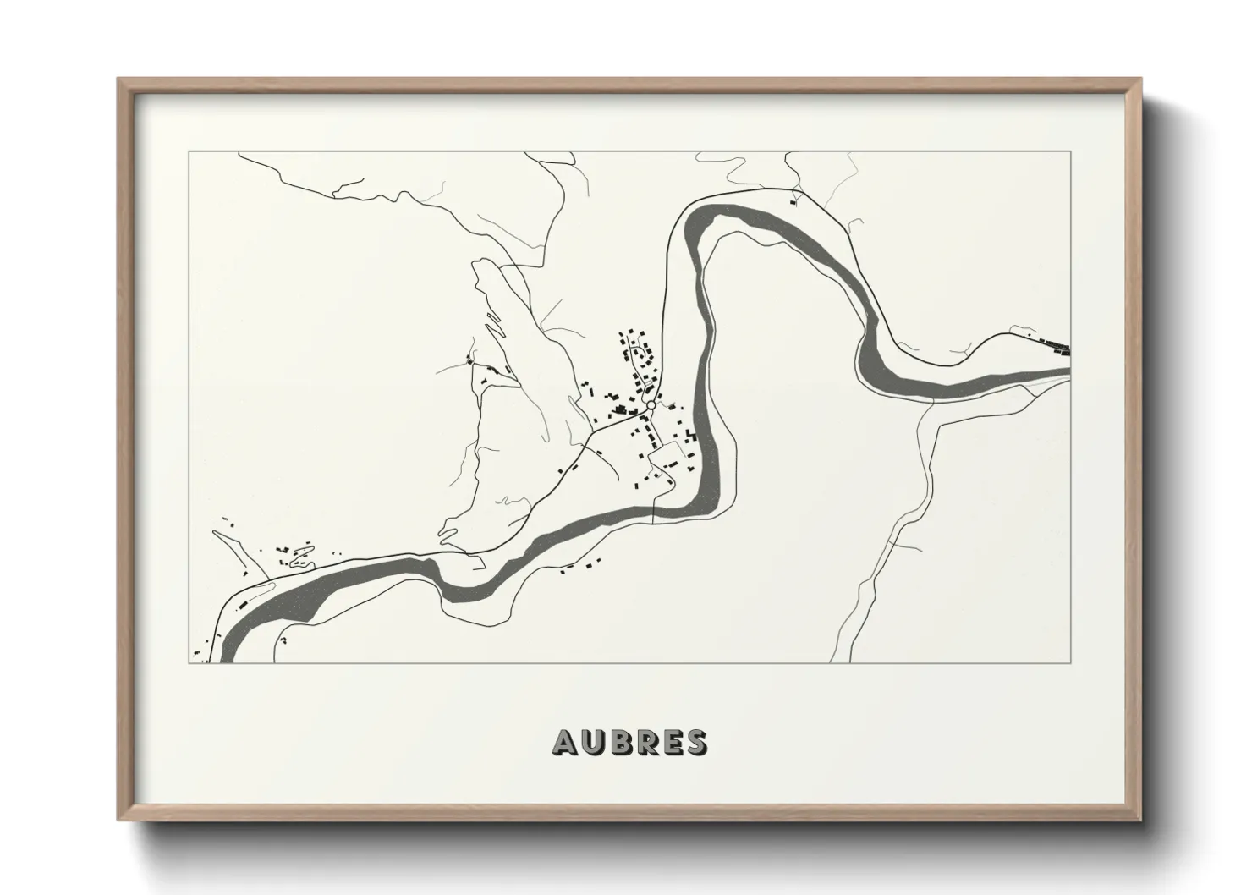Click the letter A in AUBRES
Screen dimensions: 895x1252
[x=566, y=742]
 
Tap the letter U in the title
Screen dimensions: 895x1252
[x=594, y=742]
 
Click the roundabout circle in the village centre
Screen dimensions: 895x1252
[x=651, y=406]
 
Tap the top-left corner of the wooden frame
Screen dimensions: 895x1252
[x=118, y=79]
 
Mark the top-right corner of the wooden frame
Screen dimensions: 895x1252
[x=1141, y=79]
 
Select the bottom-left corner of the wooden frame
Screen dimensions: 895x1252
[x=118, y=821]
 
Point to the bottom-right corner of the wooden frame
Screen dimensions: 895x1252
[x=1141, y=821]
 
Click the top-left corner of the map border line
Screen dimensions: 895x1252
[x=189, y=151]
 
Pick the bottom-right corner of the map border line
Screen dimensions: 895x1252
[x=1072, y=663]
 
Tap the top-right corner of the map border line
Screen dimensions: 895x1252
[x=1072, y=151]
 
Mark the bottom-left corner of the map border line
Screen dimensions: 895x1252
[x=189, y=663]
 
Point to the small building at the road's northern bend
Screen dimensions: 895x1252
[x=793, y=201]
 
